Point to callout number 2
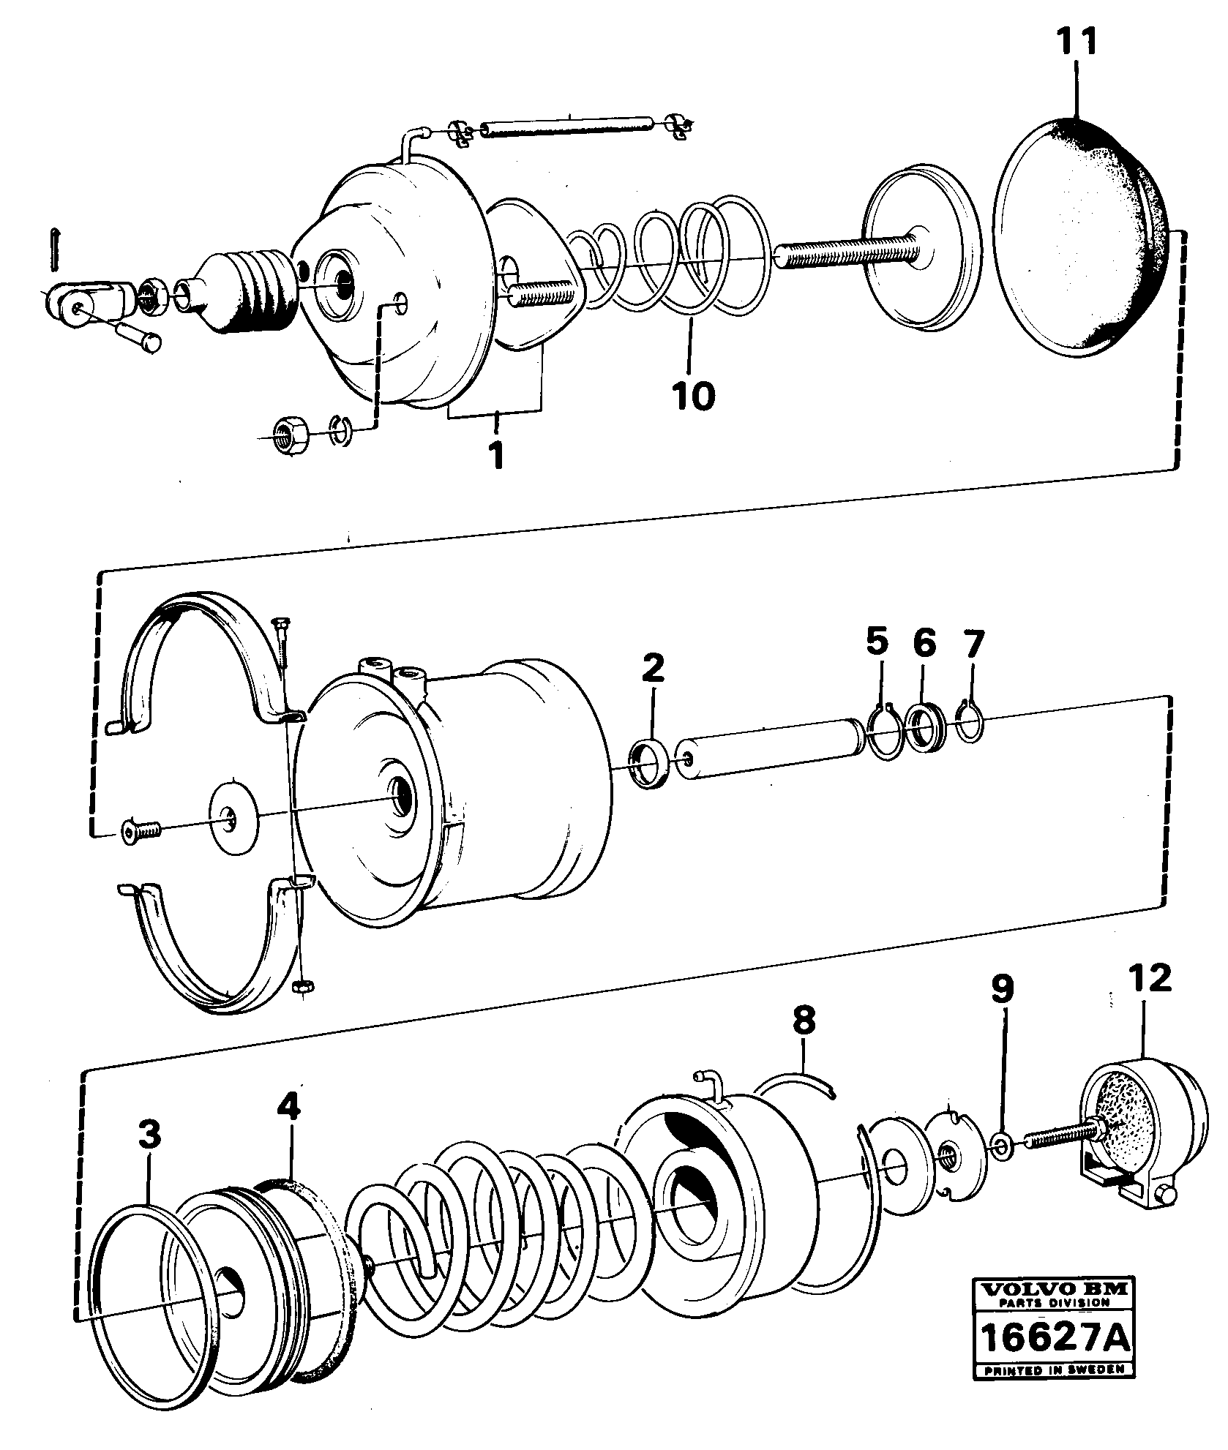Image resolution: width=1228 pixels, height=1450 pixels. coord(653,668)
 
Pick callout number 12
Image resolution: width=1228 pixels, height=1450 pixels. coord(1150,979)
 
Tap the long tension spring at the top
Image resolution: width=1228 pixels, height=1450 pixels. coord(567,130)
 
